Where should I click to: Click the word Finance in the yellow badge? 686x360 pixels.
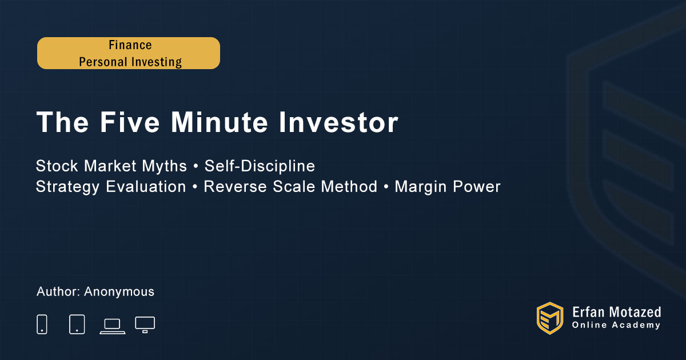pyautogui.click(x=130, y=45)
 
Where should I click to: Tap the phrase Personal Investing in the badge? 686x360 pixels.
pyautogui.click(x=130, y=62)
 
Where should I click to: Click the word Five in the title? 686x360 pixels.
pyautogui.click(x=130, y=122)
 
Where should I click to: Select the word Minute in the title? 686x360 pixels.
pyautogui.click(x=220, y=122)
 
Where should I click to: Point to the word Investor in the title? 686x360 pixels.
pyautogui.click(x=338, y=122)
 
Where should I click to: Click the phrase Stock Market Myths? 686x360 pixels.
pyautogui.click(x=111, y=166)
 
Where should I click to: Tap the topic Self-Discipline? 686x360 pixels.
pyautogui.click(x=260, y=166)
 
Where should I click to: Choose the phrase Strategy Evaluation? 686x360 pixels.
pyautogui.click(x=111, y=187)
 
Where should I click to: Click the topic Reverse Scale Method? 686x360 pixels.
pyautogui.click(x=290, y=186)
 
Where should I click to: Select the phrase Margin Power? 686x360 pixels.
pyautogui.click(x=448, y=187)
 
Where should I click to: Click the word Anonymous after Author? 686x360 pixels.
pyautogui.click(x=119, y=292)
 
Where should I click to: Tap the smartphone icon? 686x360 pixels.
pyautogui.click(x=42, y=324)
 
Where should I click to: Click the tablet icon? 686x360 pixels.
pyautogui.click(x=77, y=324)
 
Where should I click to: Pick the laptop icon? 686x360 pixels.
pyautogui.click(x=113, y=326)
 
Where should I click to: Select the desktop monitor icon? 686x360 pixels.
pyautogui.click(x=145, y=325)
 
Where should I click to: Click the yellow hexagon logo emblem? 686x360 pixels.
pyautogui.click(x=550, y=318)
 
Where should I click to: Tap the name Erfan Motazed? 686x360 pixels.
pyautogui.click(x=616, y=312)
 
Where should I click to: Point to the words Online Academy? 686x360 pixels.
pyautogui.click(x=616, y=325)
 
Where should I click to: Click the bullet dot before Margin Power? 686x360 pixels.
pyautogui.click(x=386, y=187)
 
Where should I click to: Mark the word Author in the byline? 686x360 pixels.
pyautogui.click(x=58, y=292)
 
